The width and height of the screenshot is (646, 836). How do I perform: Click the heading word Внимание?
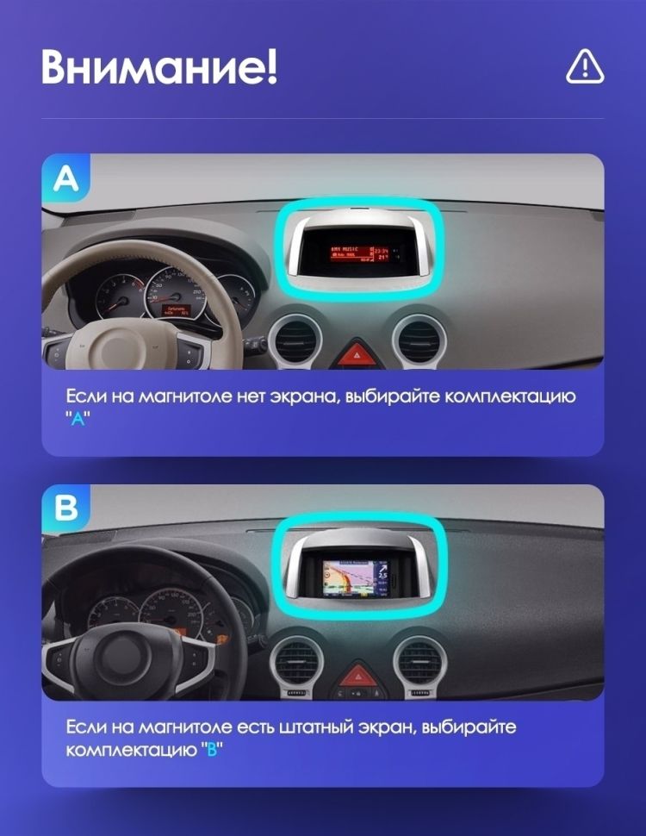(159, 66)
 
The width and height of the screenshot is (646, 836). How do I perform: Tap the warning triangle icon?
(585, 66)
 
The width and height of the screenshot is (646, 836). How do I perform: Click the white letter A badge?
(66, 178)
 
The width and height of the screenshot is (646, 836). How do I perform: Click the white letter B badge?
(66, 508)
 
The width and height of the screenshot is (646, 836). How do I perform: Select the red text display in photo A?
(357, 251)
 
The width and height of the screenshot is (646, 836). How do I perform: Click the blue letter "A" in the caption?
(78, 418)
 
